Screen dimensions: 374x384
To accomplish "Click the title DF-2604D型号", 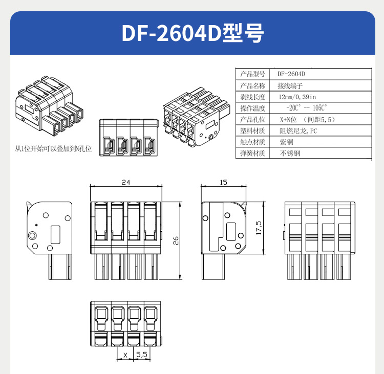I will coord(192,33).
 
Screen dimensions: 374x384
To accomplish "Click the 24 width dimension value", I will coord(125,182).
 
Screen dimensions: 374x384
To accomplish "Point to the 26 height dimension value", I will coord(176,240).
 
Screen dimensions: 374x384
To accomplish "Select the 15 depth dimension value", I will coord(223,182).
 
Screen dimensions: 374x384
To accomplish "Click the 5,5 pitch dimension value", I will coord(142,354).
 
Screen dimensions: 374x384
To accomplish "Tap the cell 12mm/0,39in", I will coord(297,97).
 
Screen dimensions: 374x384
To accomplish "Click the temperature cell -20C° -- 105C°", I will coord(306,108).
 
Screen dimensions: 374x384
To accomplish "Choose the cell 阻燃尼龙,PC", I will coord(298,130).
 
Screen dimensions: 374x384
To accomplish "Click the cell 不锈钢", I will coord(290,153).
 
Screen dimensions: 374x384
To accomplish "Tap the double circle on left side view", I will coord(33,235).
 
